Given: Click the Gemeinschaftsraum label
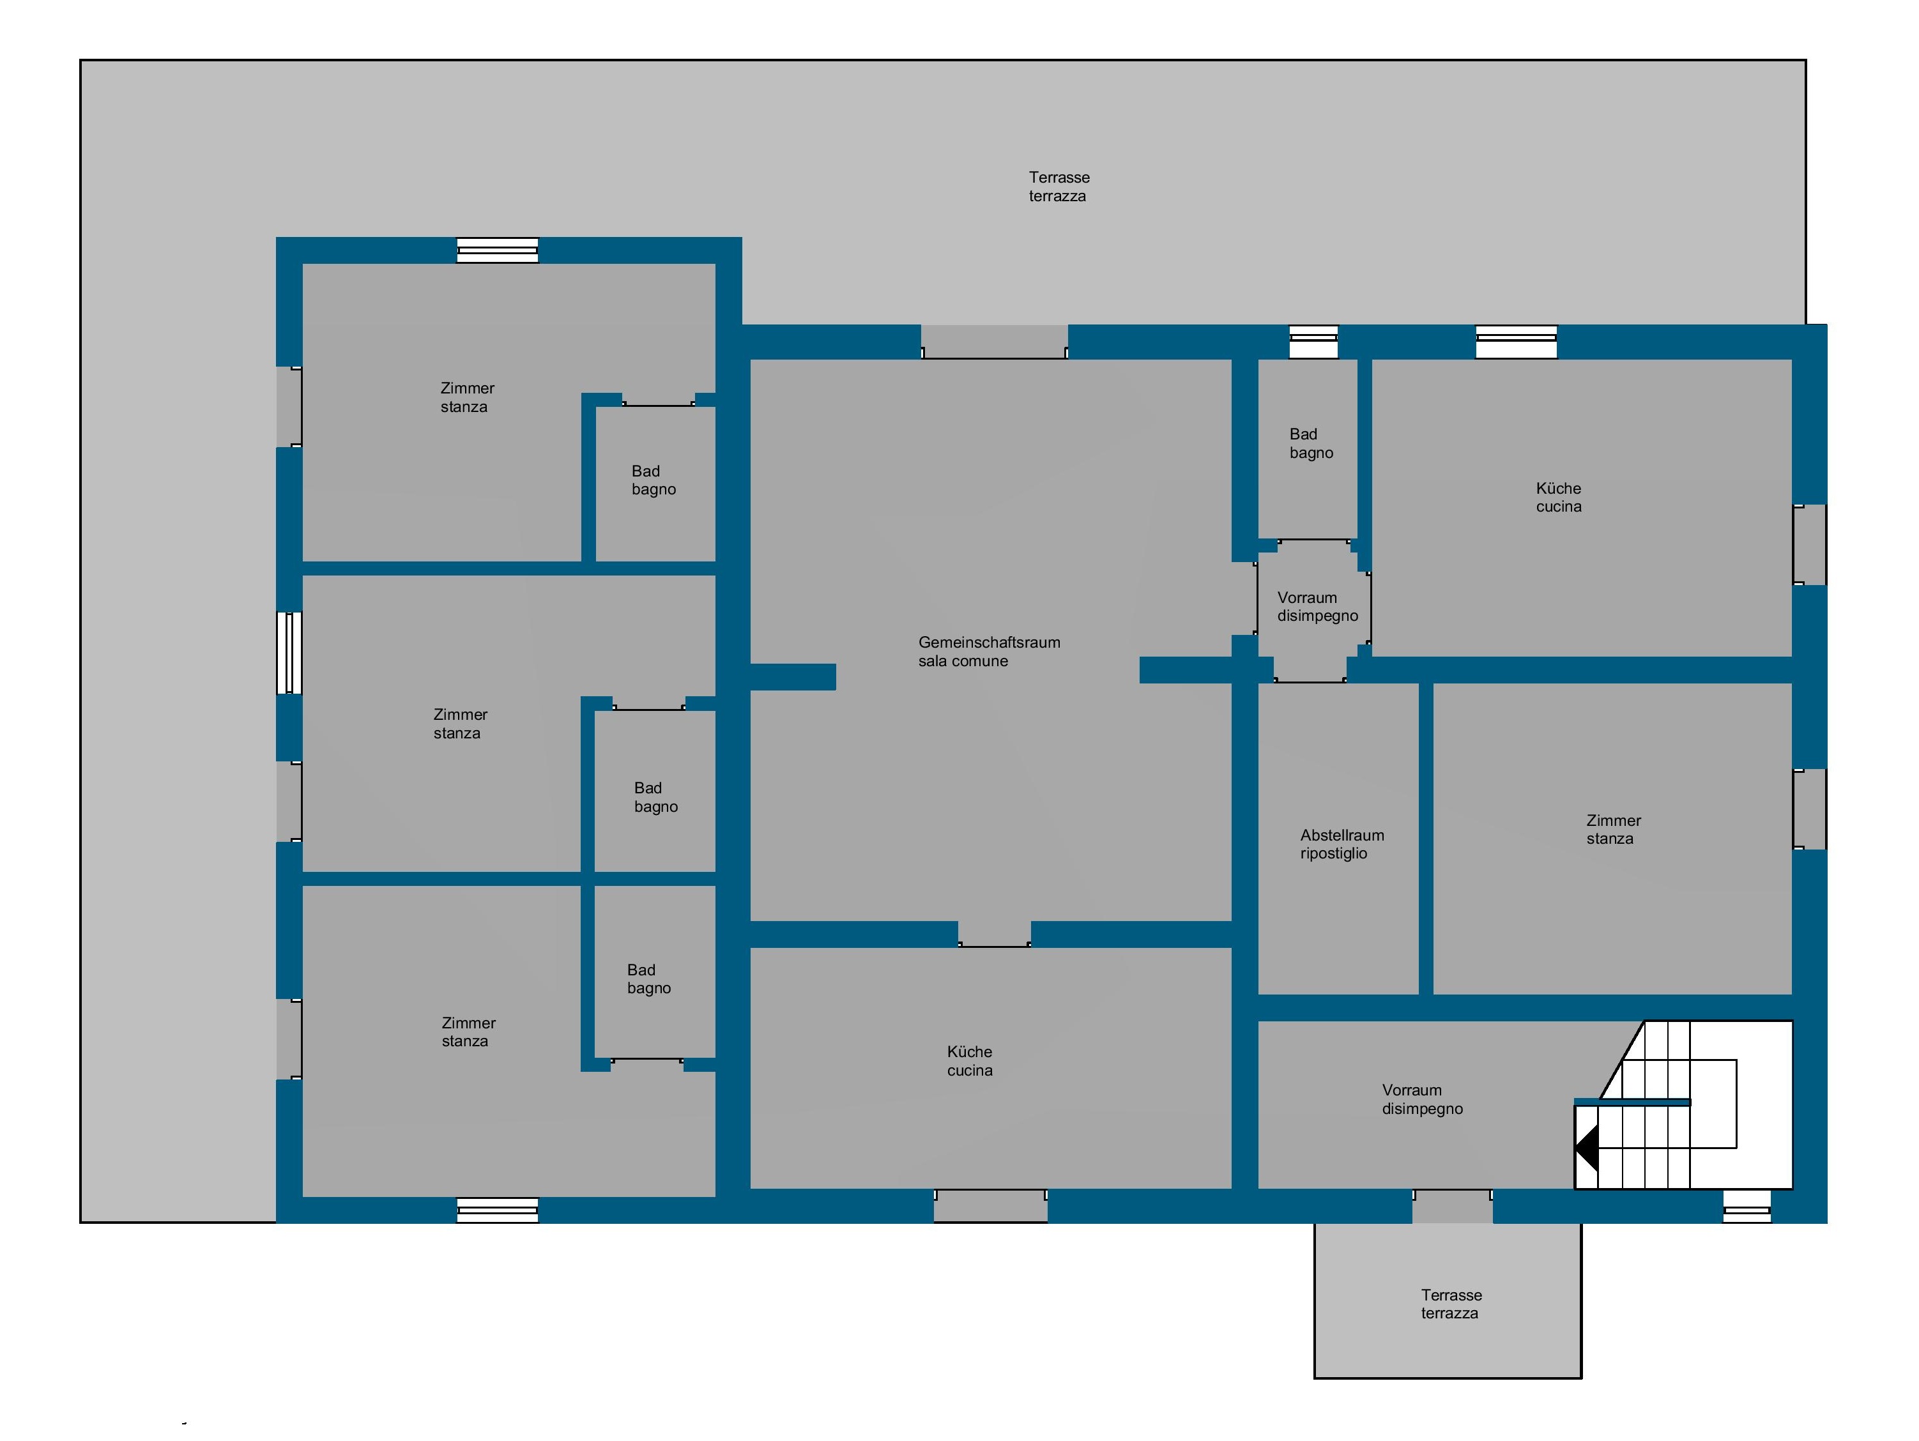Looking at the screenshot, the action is [989, 643].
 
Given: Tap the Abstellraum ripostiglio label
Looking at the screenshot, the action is [1342, 844].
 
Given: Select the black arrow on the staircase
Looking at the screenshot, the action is [1587, 1148].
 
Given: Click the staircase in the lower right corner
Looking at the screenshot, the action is [1683, 1104].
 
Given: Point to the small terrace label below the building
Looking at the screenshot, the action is [1451, 1304].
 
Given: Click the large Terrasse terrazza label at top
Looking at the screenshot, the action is [1059, 187].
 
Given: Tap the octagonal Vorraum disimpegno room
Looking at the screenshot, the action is [1313, 611].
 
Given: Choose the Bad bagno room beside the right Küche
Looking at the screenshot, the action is [1308, 448].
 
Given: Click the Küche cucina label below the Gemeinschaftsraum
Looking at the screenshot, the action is [969, 1061].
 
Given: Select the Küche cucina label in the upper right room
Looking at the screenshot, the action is [1558, 497].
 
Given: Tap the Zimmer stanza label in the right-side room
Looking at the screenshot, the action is [1613, 829].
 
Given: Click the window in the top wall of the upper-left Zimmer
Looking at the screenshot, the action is [498, 250].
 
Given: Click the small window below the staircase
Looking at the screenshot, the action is [1747, 1207].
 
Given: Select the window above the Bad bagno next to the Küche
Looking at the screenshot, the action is [1313, 342].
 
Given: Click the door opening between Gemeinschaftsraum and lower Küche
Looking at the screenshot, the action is [994, 934].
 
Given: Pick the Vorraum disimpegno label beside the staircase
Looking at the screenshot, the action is [1422, 1099].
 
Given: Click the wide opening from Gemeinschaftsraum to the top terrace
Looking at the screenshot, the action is [994, 342].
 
